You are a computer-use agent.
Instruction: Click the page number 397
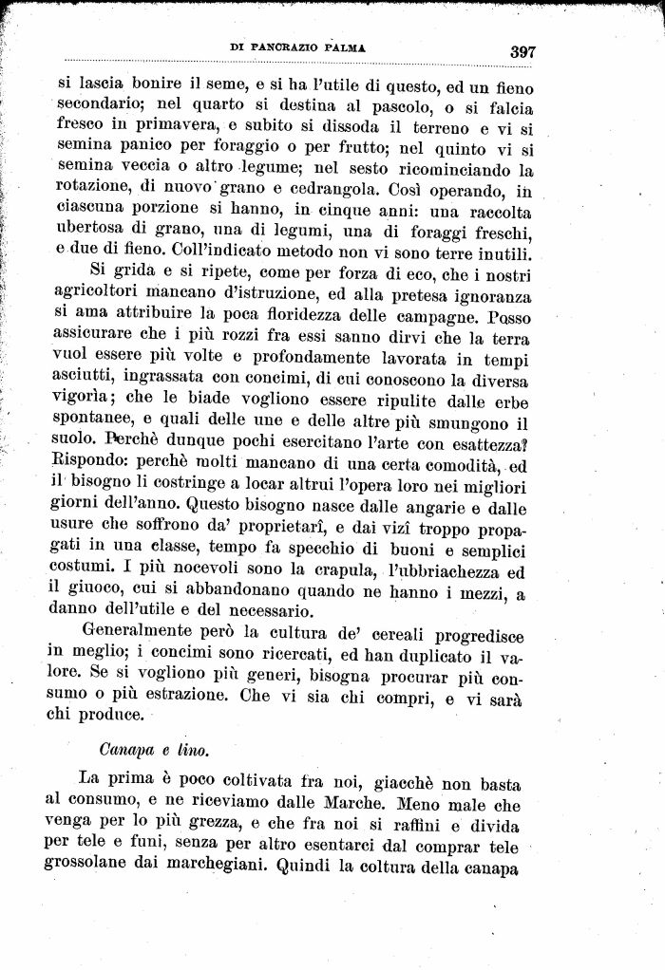[x=522, y=51]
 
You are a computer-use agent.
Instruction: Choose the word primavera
[x=159, y=127]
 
